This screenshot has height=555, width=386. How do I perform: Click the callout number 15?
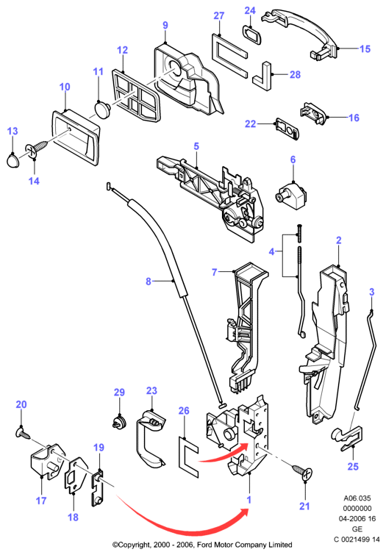point(365,49)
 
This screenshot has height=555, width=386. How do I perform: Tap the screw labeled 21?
point(302,472)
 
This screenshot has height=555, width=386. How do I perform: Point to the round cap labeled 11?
point(103,109)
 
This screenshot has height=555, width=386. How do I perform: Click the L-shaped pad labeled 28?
point(262,77)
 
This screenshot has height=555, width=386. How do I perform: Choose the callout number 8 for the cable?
point(149,282)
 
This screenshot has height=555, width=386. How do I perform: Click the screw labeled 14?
point(37,149)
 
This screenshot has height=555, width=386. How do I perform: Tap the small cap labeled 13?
point(13,160)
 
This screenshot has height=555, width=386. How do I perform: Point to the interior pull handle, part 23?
point(150,439)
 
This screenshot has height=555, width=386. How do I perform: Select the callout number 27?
point(219,15)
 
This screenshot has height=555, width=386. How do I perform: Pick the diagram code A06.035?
point(357,498)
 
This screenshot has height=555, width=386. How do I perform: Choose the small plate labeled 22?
point(287,129)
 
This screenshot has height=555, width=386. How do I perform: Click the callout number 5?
point(196,146)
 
